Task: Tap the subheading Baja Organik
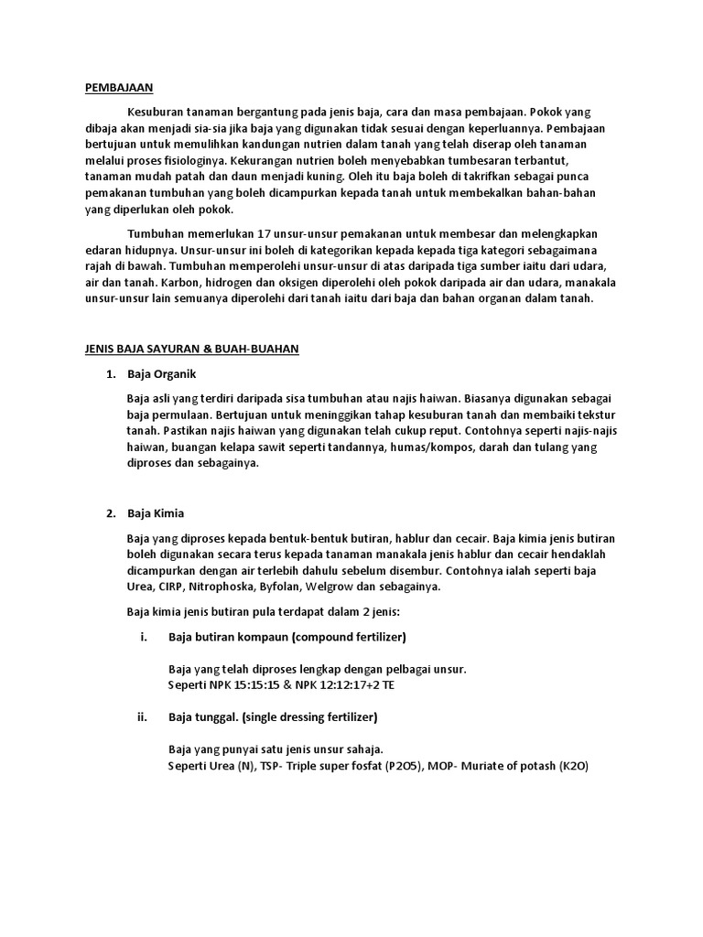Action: [x=161, y=375]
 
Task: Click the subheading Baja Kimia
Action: [x=156, y=513]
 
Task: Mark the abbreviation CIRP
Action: [x=168, y=587]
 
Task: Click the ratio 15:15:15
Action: [x=266, y=684]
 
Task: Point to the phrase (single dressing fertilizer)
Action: [x=310, y=716]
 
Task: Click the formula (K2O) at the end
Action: [x=573, y=766]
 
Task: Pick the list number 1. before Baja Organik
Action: [x=111, y=375]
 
